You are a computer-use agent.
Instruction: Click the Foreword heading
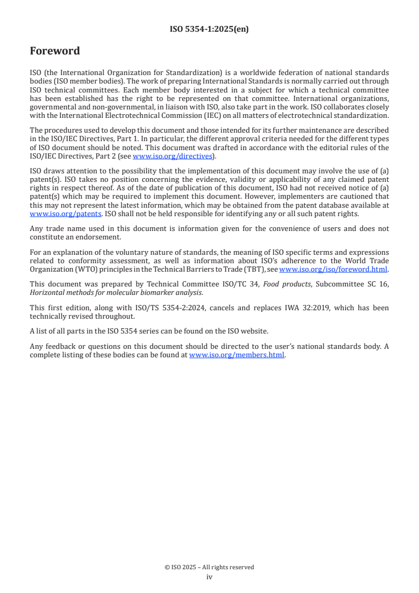point(55,51)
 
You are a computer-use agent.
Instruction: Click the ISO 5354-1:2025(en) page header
point(209,30)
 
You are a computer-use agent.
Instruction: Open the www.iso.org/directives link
point(172,156)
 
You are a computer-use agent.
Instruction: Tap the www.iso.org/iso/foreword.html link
point(333,269)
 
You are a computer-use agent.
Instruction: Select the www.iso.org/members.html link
point(237,355)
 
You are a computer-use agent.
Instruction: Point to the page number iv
point(209,577)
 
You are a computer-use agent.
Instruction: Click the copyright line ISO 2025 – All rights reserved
point(209,567)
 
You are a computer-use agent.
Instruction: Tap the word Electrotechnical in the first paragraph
point(116,116)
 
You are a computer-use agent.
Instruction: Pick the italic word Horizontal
point(48,292)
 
